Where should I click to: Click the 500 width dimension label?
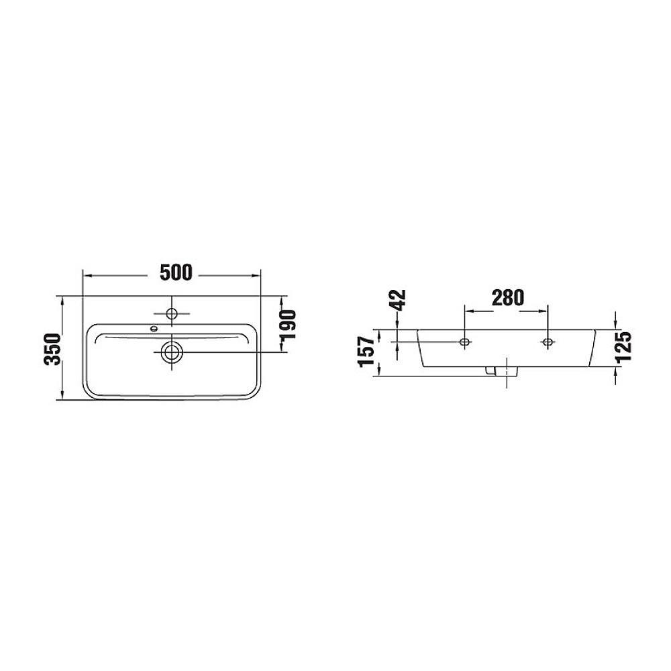click(176, 272)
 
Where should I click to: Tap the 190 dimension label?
click(289, 324)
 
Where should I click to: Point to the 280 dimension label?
click(507, 298)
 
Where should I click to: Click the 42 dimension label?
click(399, 299)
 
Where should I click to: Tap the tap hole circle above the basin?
click(170, 313)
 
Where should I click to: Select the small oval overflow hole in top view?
click(154, 329)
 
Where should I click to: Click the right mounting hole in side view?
click(548, 342)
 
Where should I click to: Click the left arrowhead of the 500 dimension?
click(86, 275)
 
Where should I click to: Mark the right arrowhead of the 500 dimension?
click(256, 275)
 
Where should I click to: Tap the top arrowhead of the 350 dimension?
click(62, 300)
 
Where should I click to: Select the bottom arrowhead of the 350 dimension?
click(62, 397)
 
